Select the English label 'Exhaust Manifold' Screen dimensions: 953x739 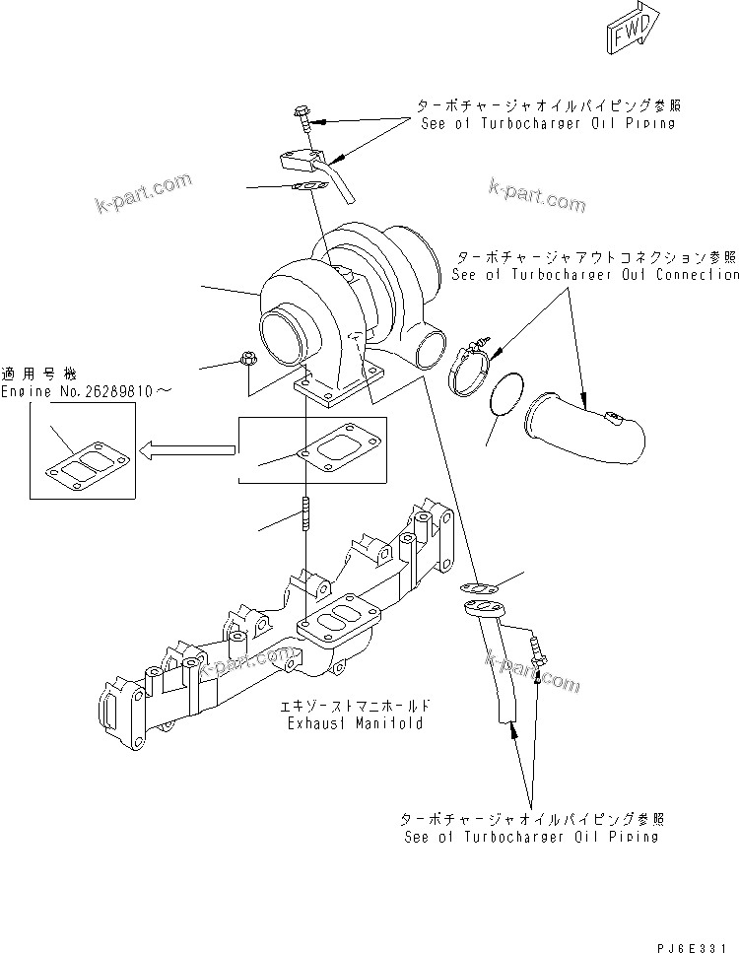pyautogui.click(x=356, y=722)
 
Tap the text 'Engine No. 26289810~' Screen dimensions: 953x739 pyautogui.click(x=86, y=391)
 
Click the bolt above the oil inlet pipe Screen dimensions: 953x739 pyautogui.click(x=302, y=119)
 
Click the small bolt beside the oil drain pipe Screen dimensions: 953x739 pyautogui.click(x=536, y=655)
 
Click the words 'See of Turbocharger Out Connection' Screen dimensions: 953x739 pyautogui.click(x=594, y=275)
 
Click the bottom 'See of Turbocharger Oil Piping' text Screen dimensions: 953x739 pyautogui.click(x=531, y=837)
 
